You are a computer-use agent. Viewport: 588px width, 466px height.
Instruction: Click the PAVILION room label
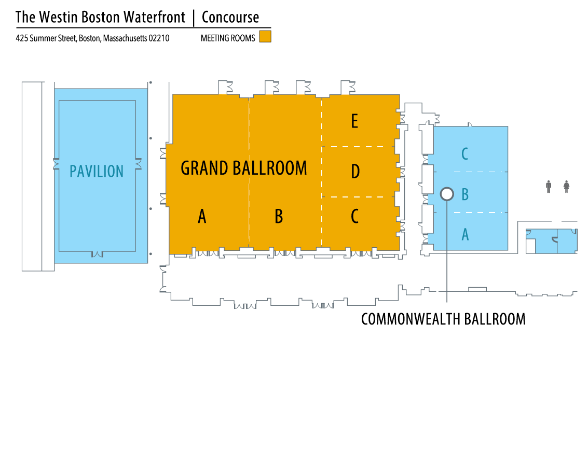pos(97,171)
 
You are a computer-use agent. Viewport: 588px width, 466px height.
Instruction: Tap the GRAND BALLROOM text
pos(243,168)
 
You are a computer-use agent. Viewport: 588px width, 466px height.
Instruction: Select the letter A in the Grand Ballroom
pos(202,216)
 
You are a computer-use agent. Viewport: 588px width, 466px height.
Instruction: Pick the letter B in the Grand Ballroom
pos(279,216)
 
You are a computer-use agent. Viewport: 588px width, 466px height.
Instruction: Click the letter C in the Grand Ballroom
pos(355,216)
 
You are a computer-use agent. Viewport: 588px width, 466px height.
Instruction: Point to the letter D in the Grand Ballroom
pos(355,171)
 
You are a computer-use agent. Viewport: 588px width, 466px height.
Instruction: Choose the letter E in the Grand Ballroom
pos(354,121)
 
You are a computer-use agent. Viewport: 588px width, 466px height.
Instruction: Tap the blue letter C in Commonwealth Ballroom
pos(465,153)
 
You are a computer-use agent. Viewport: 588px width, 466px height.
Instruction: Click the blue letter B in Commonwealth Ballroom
pos(465,194)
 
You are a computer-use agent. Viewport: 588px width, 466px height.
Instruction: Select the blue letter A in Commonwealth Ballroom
pos(465,234)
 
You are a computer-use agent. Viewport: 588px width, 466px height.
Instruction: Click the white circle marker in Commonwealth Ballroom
pos(446,194)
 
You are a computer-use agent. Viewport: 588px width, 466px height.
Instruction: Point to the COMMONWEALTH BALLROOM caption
pos(443,319)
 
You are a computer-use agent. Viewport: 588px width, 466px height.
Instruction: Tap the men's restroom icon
pos(549,187)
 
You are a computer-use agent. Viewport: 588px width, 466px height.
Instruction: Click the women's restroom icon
pos(566,187)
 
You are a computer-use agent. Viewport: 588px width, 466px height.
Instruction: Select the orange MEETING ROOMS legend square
pos(265,36)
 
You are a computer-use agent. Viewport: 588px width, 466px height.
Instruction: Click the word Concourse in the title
pos(230,17)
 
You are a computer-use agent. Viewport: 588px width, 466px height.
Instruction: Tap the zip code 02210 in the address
pos(159,38)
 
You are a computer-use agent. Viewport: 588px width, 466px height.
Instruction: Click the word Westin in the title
pos(54,17)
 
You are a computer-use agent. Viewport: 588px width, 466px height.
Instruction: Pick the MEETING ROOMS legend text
pos(228,38)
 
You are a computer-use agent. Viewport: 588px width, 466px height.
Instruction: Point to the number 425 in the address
pos(22,38)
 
